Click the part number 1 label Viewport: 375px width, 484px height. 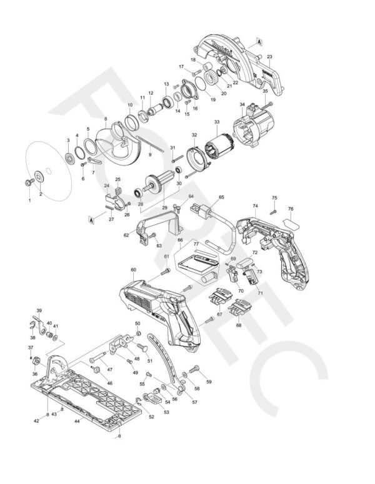click(29, 200)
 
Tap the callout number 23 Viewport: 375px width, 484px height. click(269, 57)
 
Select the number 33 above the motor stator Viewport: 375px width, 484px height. click(216, 122)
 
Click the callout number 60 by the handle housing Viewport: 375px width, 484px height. click(133, 270)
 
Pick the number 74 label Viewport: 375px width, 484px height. click(255, 205)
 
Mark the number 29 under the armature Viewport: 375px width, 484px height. click(165, 207)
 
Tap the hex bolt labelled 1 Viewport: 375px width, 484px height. click(29, 182)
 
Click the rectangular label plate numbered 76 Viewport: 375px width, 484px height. click(291, 220)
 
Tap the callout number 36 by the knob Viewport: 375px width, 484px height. click(35, 374)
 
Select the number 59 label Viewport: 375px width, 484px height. click(209, 381)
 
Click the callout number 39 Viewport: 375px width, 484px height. click(39, 310)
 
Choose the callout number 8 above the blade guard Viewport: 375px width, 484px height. click(106, 118)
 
